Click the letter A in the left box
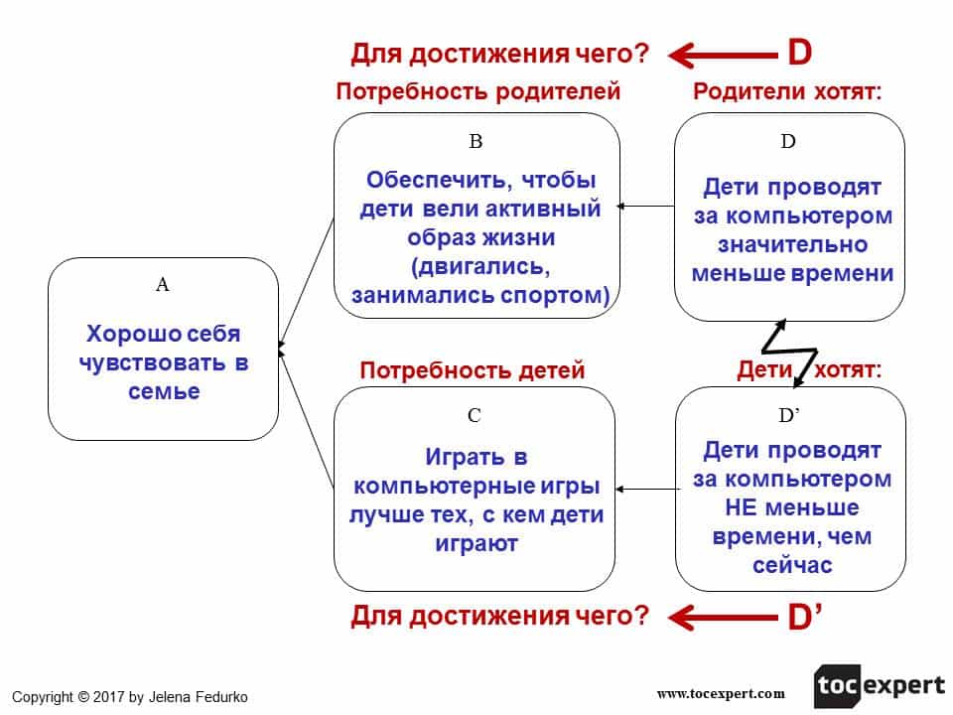point(164,285)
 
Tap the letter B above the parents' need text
point(476,141)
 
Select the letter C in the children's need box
point(475,416)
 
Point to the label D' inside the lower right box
point(790,414)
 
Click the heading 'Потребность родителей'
point(477,92)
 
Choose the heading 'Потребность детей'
point(473,370)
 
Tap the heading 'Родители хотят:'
point(788,92)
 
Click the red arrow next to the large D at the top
point(721,53)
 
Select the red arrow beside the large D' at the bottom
point(721,618)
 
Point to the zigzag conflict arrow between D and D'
point(789,353)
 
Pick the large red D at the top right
point(800,52)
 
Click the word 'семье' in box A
point(164,391)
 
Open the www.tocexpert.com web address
point(721,693)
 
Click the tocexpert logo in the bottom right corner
point(880,685)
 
